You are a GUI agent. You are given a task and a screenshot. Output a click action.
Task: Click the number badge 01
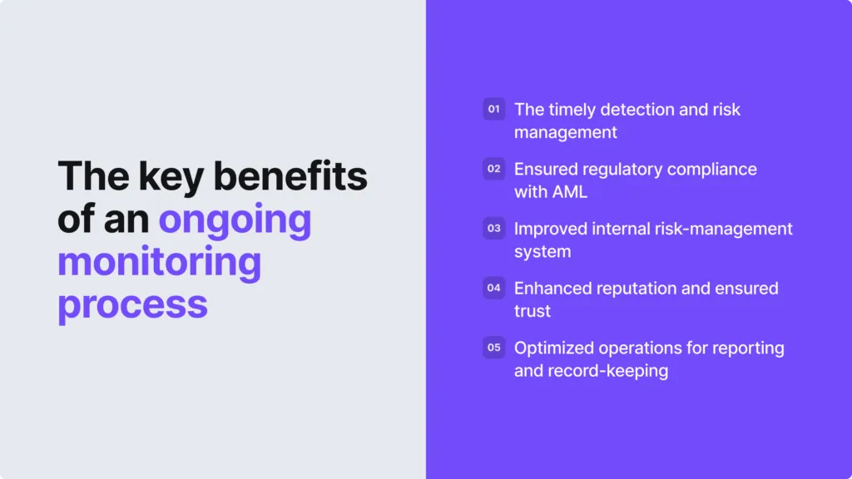coord(494,109)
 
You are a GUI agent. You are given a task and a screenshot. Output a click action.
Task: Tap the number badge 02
coord(494,169)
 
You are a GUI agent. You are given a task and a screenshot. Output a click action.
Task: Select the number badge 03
coord(494,228)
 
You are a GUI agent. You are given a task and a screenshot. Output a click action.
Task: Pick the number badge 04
coord(494,288)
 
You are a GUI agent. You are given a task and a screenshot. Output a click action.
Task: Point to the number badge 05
coord(494,348)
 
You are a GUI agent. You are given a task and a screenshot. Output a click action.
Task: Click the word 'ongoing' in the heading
coord(235,220)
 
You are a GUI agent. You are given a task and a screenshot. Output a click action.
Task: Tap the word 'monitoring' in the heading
coord(159,262)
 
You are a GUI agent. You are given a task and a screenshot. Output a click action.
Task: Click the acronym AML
coord(571,192)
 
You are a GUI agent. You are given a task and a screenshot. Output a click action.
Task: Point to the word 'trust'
coord(532,311)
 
